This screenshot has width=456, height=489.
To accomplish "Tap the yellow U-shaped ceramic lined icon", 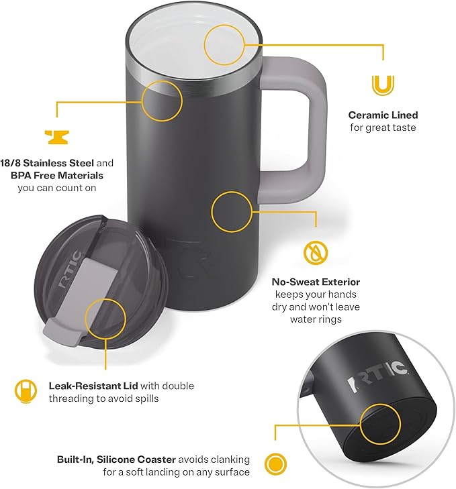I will click(x=383, y=85).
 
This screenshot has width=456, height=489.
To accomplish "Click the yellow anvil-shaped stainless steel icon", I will click(x=58, y=136).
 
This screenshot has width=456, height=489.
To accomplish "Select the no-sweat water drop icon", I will click(x=315, y=253).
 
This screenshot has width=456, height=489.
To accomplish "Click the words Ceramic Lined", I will click(x=383, y=115).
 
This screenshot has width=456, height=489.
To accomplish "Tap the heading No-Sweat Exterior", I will click(x=316, y=282).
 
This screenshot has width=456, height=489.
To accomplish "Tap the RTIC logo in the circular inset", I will click(x=375, y=382).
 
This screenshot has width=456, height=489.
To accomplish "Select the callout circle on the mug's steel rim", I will click(x=163, y=100).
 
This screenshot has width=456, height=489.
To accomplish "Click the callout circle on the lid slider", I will click(x=106, y=318).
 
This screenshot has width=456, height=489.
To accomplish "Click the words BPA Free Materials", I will click(x=56, y=176).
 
